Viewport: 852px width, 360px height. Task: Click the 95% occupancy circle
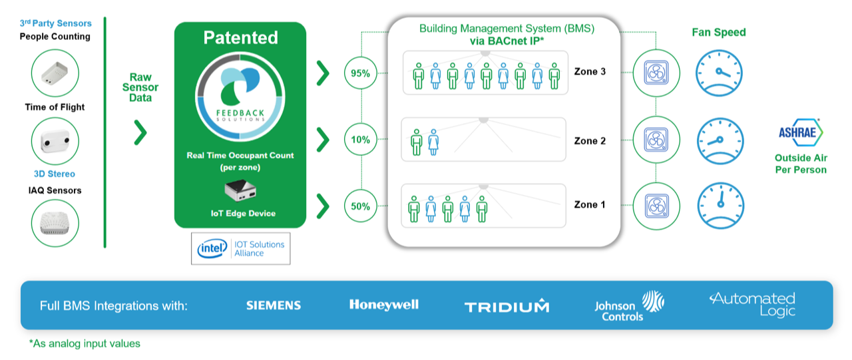coord(361,74)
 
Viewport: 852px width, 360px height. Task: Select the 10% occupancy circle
coord(361,140)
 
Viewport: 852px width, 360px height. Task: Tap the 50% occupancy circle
coord(361,206)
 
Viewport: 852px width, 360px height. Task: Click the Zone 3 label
coord(590,72)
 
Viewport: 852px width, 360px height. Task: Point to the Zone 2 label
coord(590,141)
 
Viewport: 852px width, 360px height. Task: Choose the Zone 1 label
coord(590,204)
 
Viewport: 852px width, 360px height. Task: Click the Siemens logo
coord(274,305)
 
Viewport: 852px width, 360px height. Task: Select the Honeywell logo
coord(384,305)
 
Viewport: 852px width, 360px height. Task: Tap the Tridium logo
coord(507,307)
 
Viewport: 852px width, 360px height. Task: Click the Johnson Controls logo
coord(628,306)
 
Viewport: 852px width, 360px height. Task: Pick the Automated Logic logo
coord(752,304)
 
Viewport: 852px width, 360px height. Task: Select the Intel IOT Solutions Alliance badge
coord(241,248)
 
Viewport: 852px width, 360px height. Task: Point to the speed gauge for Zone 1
coord(720,205)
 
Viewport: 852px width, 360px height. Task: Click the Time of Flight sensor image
coord(55,140)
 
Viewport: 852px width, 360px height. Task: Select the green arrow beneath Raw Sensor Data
coord(140,132)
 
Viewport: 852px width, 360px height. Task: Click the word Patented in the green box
coord(240,38)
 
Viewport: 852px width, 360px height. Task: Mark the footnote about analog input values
coord(85,343)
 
